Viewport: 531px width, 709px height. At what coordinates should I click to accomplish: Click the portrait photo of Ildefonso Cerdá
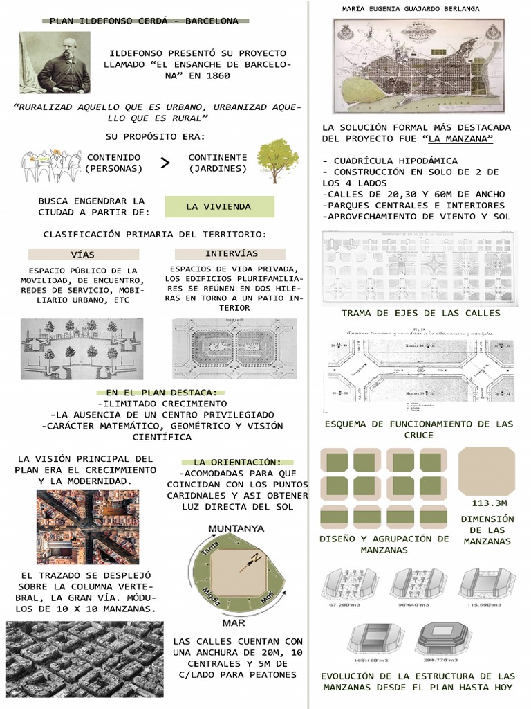tap(55, 63)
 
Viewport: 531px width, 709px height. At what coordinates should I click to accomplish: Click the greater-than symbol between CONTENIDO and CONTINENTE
tap(165, 163)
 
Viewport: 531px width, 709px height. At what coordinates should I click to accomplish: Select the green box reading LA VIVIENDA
tap(218, 206)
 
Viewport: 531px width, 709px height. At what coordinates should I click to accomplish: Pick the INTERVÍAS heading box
tap(231, 253)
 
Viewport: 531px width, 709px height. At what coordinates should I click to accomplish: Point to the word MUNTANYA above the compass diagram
tap(236, 528)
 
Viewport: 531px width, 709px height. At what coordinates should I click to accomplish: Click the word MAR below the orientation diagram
tap(234, 622)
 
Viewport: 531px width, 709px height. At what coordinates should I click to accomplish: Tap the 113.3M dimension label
tap(489, 503)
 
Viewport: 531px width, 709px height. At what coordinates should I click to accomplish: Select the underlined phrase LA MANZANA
tap(461, 139)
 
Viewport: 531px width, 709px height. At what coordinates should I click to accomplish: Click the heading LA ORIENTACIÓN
tap(237, 462)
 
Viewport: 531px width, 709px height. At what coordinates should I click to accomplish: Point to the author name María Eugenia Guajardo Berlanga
tap(411, 8)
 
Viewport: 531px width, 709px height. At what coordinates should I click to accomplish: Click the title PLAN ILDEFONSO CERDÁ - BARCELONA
tap(144, 21)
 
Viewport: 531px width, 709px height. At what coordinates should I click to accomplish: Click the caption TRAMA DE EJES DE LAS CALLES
tap(420, 313)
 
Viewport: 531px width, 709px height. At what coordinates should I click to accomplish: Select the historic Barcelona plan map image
tap(420, 66)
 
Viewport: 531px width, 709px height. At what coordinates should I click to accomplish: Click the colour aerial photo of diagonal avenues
tap(88, 527)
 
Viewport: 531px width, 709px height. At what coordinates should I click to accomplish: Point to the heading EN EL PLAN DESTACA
tap(161, 392)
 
